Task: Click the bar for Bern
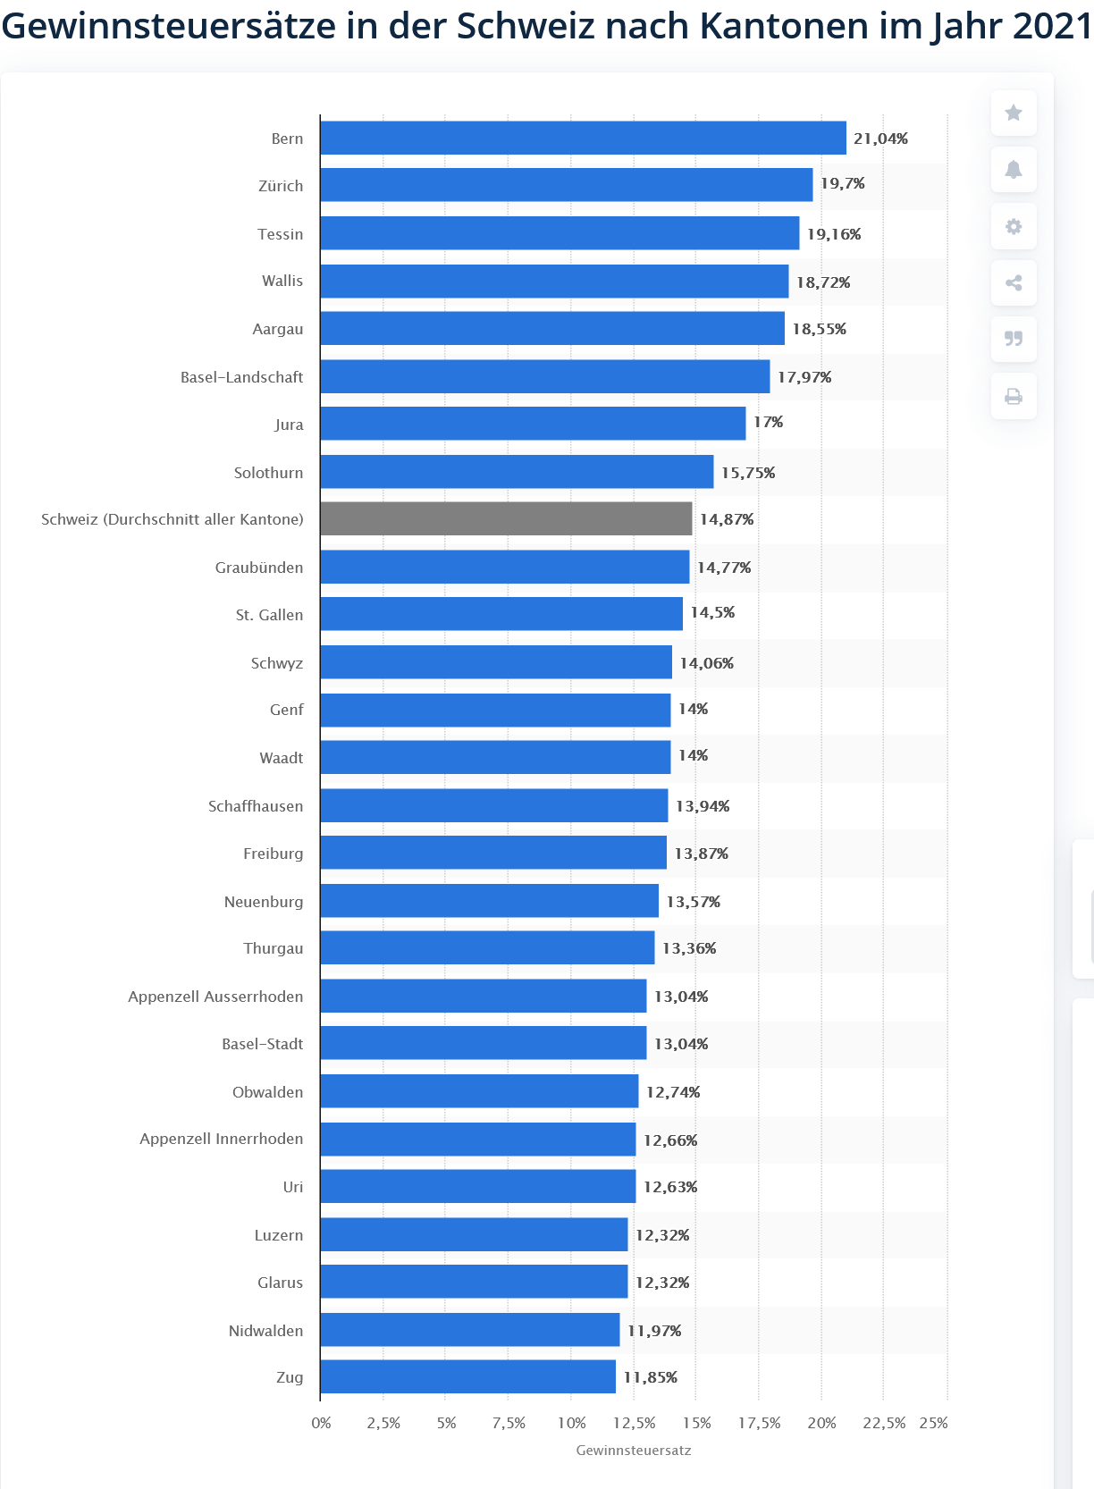pyautogui.click(x=583, y=138)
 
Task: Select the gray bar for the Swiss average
pyautogui.click(x=506, y=518)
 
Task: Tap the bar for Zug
pyautogui.click(x=467, y=1376)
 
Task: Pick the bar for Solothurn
pyautogui.click(x=517, y=471)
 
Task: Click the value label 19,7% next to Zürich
pyautogui.click(x=842, y=183)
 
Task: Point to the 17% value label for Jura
pyautogui.click(x=768, y=422)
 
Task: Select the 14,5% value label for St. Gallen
pyautogui.click(x=712, y=612)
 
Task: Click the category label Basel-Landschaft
pyautogui.click(x=241, y=377)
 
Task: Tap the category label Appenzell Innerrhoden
pyautogui.click(x=221, y=1139)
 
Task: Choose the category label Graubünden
pyautogui.click(x=258, y=568)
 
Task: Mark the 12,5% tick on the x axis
pyautogui.click(x=634, y=1423)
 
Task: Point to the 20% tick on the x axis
pyautogui.click(x=821, y=1423)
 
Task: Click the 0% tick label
pyautogui.click(x=321, y=1423)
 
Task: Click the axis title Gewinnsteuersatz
pyautogui.click(x=633, y=1450)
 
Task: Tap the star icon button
pyautogui.click(x=1013, y=113)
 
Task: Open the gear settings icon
pyautogui.click(x=1013, y=226)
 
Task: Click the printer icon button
pyautogui.click(x=1013, y=396)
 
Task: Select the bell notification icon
pyautogui.click(x=1013, y=170)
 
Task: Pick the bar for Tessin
pyautogui.click(x=560, y=233)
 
